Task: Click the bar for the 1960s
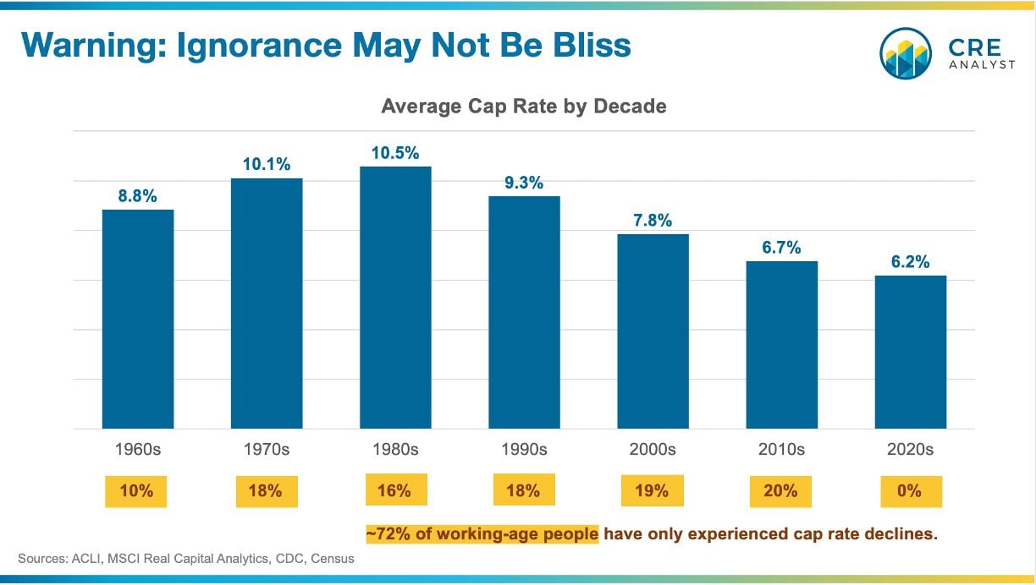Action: coord(138,319)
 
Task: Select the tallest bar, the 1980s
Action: coord(395,298)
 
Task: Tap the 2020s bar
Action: coord(910,352)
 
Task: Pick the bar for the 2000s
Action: coord(653,331)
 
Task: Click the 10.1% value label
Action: coord(267,164)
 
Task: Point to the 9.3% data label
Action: coord(524,183)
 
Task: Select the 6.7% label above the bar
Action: coord(781,247)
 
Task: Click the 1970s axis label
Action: coord(267,450)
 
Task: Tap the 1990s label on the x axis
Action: coord(524,450)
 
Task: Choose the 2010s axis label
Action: coord(781,450)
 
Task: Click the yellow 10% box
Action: coord(136,490)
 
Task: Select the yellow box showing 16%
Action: coord(395,490)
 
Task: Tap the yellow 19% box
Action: coord(652,490)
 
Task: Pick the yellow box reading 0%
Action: coord(911,490)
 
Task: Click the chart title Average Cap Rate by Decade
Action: coord(524,107)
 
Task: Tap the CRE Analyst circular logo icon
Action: coord(906,52)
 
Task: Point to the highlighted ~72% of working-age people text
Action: coord(482,534)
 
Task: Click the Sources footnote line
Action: coord(186,559)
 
